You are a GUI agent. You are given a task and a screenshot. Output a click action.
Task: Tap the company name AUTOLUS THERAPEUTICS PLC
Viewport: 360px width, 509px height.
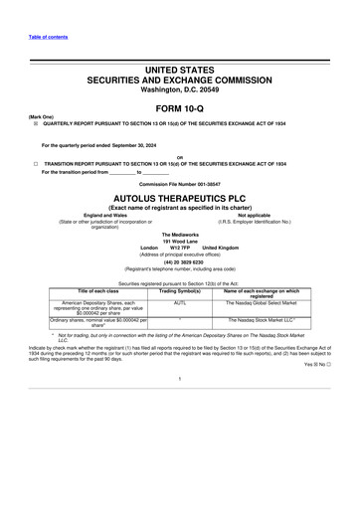(x=179, y=199)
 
